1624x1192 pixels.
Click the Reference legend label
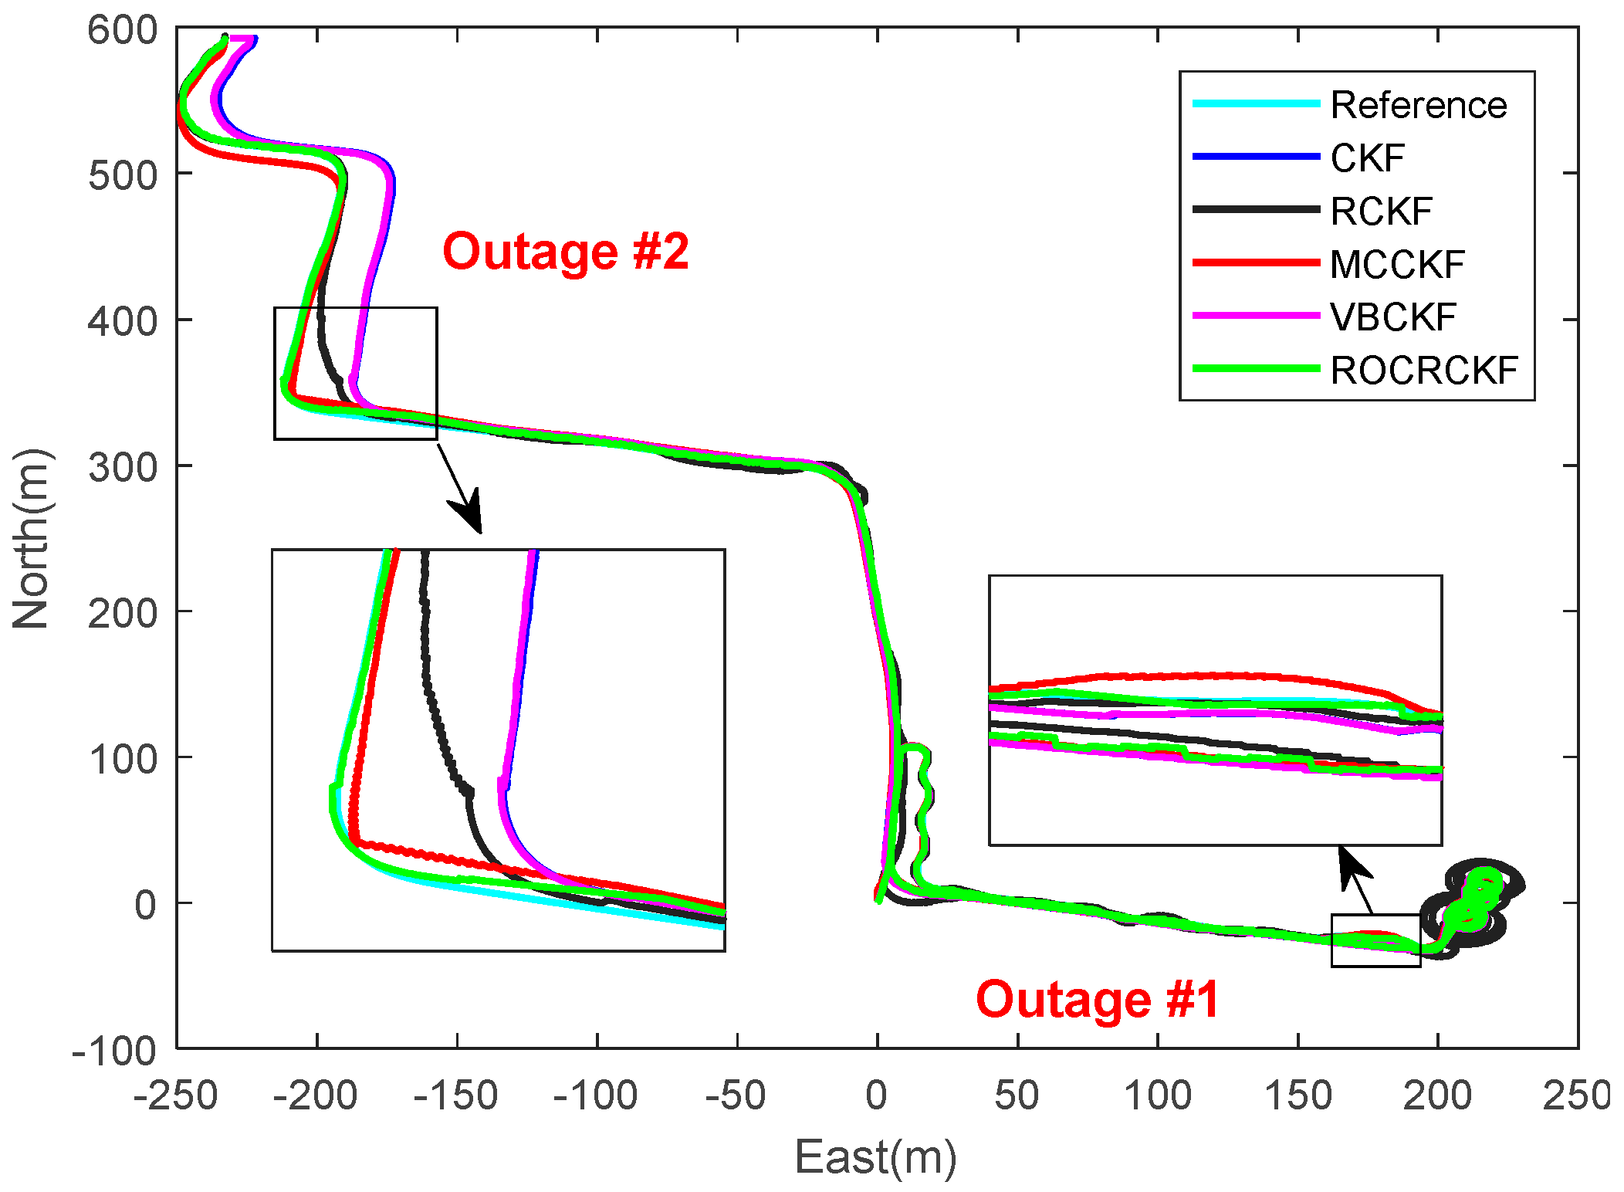click(x=1418, y=105)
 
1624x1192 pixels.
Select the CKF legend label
click(x=1367, y=158)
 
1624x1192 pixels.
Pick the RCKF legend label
click(x=1381, y=212)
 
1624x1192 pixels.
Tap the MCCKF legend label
click(x=1397, y=265)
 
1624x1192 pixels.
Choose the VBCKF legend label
click(x=1393, y=317)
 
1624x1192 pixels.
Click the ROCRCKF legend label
click(x=1424, y=371)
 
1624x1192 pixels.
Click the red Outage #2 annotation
click(x=565, y=252)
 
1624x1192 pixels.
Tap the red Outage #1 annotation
click(x=1097, y=1000)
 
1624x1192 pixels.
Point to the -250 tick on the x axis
click(x=176, y=1095)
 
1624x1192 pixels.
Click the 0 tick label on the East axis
click(x=876, y=1095)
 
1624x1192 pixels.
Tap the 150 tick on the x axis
click(x=1298, y=1095)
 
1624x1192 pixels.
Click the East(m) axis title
click(x=875, y=1157)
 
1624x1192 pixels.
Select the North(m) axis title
click(x=31, y=538)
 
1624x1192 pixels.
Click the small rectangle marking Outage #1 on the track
click(x=1375, y=940)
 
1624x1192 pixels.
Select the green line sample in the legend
click(x=1256, y=369)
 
